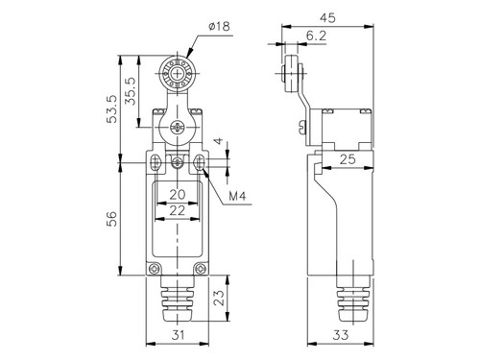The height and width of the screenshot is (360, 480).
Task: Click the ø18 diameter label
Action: pyautogui.click(x=219, y=26)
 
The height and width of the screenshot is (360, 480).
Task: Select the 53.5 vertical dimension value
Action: pyautogui.click(x=112, y=109)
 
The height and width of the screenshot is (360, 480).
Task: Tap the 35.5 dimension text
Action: pyautogui.click(x=131, y=91)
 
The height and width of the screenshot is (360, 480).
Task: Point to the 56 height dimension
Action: pyautogui.click(x=111, y=219)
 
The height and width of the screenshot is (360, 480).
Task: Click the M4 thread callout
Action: pyautogui.click(x=237, y=196)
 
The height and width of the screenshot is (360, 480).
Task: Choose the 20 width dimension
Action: pyautogui.click(x=178, y=194)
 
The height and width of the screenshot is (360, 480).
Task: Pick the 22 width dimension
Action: pyautogui.click(x=178, y=210)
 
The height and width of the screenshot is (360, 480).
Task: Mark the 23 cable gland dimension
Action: pyautogui.click(x=219, y=298)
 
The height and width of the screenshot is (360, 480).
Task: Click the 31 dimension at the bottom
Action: pyautogui.click(x=178, y=335)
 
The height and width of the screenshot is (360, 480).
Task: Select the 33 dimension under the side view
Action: pyautogui.click(x=340, y=335)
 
